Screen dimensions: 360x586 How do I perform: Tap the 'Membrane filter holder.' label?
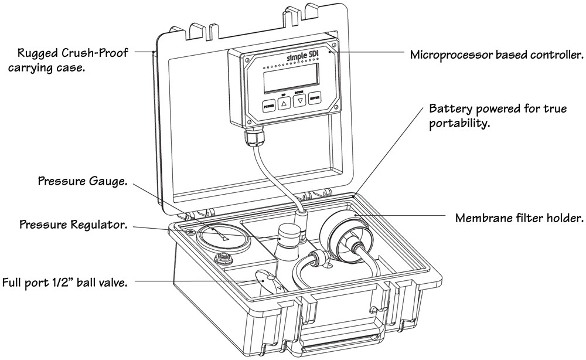pyautogui.click(x=519, y=219)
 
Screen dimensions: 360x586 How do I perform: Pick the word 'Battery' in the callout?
pyautogui.click(x=449, y=110)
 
